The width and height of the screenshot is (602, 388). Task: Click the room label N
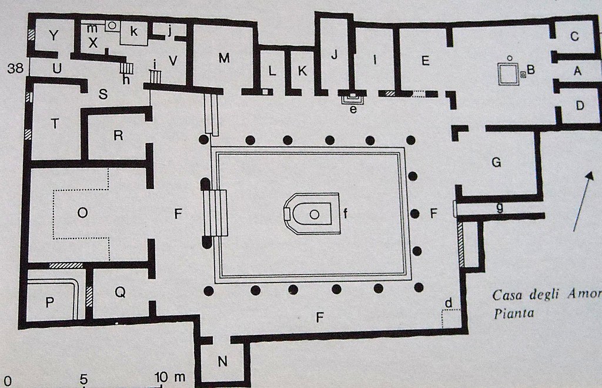pos(222,362)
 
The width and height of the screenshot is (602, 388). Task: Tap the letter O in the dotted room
pos(82,214)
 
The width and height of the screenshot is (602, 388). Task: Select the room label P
pos(50,303)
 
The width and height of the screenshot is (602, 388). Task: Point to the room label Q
pos(120,292)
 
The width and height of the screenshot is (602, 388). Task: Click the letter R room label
pos(118,135)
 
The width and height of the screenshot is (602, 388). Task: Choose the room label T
pos(55,124)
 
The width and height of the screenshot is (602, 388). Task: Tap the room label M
pos(223,58)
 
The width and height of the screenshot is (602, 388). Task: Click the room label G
pos(496,163)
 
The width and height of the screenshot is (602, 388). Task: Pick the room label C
pos(574,37)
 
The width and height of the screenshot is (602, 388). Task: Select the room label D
pos(580,107)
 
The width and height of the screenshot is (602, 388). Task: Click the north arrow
pos(580,200)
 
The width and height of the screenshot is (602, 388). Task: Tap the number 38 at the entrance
pos(15,68)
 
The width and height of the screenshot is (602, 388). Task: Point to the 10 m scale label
pos(170,376)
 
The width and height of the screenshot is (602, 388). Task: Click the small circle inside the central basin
pos(315,215)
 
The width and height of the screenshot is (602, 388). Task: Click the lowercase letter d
pos(449,303)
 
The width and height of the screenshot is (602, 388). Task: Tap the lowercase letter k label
pos(134,32)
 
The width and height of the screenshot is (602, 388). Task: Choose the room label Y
pos(54,37)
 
